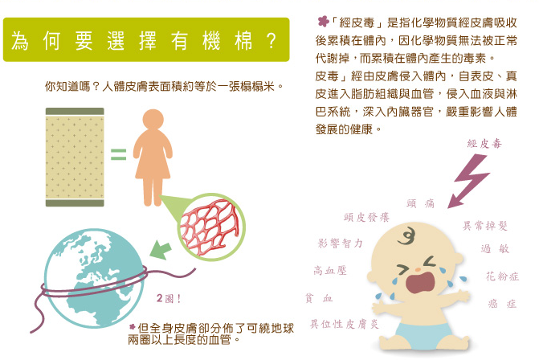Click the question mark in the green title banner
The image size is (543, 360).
click(x=271, y=41)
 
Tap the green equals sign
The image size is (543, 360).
click(x=118, y=154)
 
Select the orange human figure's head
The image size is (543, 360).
click(x=153, y=120)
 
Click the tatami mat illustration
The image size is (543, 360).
click(x=75, y=157)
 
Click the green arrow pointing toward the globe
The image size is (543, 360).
click(x=161, y=249)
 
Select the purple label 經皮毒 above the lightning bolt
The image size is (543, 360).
click(x=484, y=144)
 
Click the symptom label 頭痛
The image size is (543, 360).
click(x=420, y=203)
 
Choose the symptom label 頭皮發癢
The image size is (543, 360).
click(x=367, y=217)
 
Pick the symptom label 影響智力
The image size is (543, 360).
click(x=340, y=243)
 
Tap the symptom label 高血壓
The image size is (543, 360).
click(x=330, y=270)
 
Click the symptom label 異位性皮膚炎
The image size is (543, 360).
click(x=345, y=324)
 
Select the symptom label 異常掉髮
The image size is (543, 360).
click(x=485, y=226)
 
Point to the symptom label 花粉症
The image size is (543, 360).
click(x=502, y=276)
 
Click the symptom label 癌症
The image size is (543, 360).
click(x=502, y=304)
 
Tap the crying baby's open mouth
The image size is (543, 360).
click(x=420, y=282)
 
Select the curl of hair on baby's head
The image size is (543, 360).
click(x=407, y=236)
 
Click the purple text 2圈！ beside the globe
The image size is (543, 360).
click(x=169, y=298)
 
